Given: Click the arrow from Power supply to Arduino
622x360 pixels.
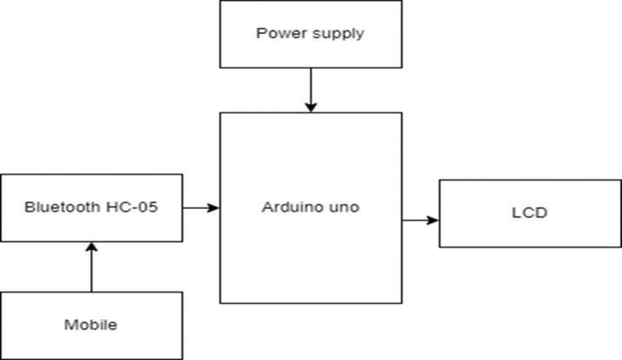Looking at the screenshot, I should click(311, 89).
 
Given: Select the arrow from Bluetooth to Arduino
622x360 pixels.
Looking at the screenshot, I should click(201, 207).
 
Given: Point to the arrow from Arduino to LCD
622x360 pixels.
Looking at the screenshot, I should click(420, 220).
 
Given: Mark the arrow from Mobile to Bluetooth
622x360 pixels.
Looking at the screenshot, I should click(91, 266).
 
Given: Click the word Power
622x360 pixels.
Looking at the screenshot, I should click(277, 34).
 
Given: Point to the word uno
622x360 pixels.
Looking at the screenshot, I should click(345, 208).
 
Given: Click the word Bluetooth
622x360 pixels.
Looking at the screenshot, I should click(63, 207).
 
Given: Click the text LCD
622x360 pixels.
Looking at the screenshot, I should click(530, 213).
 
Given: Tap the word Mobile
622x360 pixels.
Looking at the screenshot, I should click(91, 325).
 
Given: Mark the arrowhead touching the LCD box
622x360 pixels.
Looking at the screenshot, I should click(433, 220).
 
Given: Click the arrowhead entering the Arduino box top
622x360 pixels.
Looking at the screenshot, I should click(311, 107).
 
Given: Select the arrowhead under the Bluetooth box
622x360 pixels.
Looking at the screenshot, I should click(91, 246).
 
